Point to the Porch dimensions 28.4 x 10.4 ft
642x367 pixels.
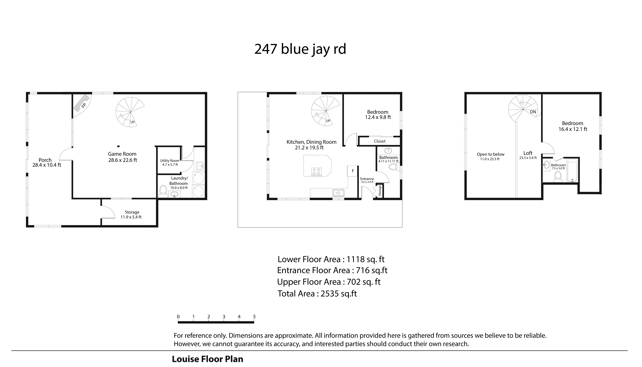47,165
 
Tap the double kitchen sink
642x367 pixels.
339,193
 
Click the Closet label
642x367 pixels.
380,141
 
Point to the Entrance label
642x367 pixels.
367,179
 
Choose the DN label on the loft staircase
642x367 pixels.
533,112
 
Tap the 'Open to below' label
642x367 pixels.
491,154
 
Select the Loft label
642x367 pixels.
528,153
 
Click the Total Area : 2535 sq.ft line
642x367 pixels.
317,294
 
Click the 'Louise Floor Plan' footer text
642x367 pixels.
208,359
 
